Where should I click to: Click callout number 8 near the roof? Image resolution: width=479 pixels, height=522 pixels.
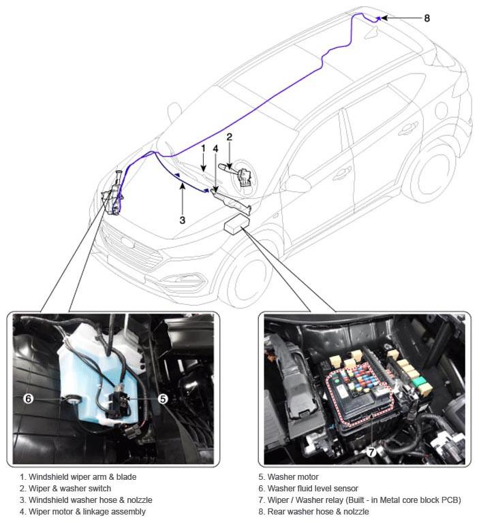coord(427,18)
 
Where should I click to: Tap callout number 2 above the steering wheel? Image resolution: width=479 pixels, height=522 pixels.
coord(229,137)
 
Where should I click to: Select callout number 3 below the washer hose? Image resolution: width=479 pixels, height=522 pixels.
coord(182,220)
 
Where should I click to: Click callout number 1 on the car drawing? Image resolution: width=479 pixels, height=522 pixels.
coord(203,148)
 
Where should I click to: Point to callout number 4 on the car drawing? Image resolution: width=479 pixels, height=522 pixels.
coord(215,149)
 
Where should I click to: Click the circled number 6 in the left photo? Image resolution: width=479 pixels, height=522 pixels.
coord(29,398)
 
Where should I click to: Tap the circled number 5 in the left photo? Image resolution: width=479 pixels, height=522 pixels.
coord(162,399)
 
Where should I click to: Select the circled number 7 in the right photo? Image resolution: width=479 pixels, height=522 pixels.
coord(371,452)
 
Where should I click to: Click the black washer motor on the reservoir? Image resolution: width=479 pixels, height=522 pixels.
coord(119,404)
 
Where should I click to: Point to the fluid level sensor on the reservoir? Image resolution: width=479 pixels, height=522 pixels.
coord(72,399)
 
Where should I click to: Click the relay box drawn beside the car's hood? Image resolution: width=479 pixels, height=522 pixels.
coord(237,223)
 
